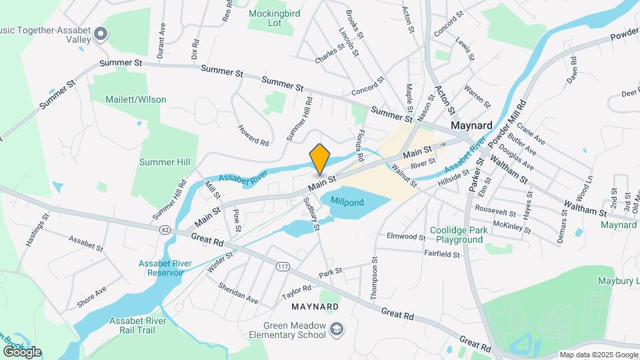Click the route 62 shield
(165, 229)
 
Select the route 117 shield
(283, 266)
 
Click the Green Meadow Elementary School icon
(338, 329)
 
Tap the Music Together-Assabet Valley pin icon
(101, 33)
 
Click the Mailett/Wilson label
(136, 99)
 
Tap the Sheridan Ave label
(238, 292)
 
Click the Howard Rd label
(253, 133)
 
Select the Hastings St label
(37, 231)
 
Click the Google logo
(22, 351)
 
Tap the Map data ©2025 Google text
(597, 355)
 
